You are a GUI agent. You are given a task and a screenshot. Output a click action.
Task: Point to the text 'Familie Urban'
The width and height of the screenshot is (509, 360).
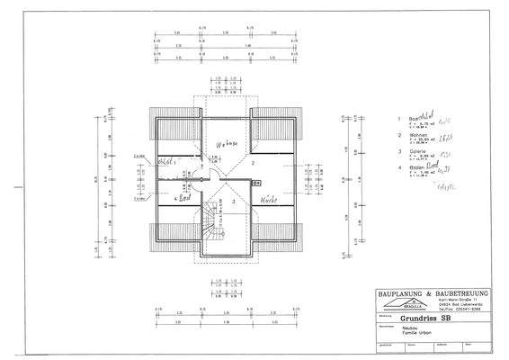pos(413,333)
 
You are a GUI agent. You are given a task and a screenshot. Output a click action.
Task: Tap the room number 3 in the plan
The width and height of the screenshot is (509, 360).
pos(235,203)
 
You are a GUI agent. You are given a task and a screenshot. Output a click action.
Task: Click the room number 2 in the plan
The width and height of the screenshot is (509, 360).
pos(254,164)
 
